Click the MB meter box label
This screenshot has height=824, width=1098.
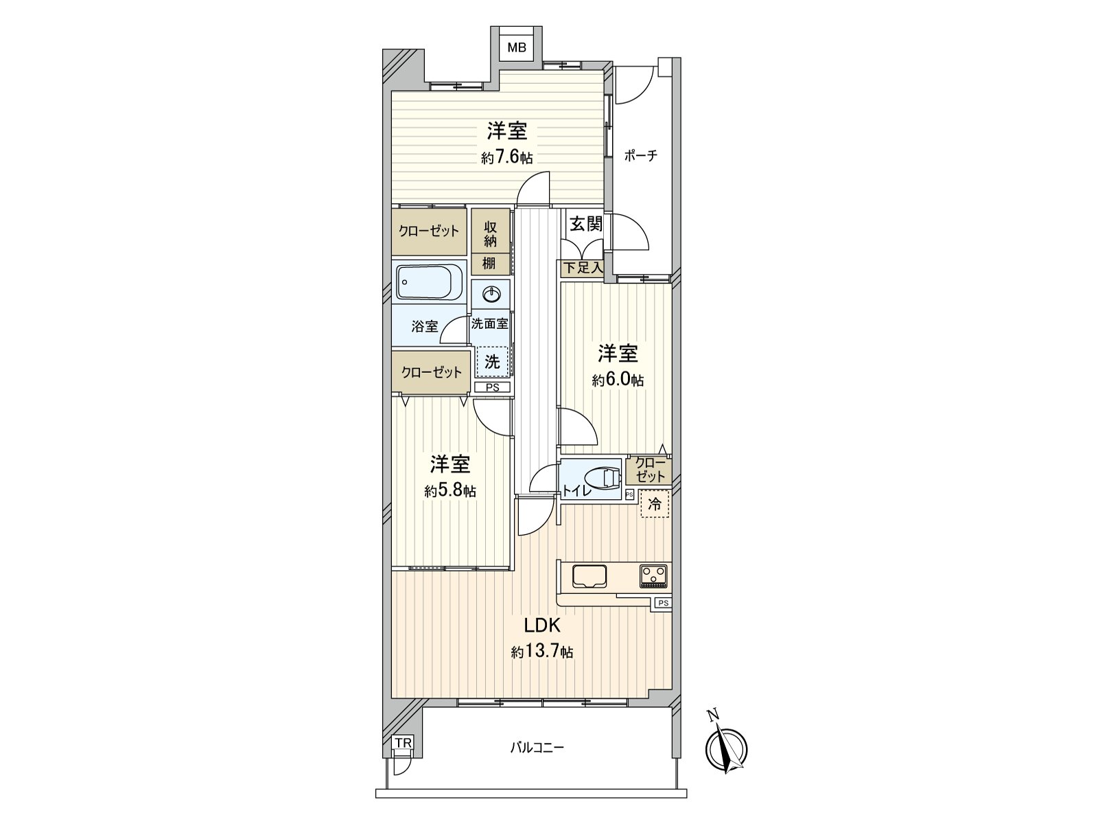coord(517,47)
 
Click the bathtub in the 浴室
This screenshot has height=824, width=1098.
coord(429,282)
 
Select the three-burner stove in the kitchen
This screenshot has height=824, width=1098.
coord(653,576)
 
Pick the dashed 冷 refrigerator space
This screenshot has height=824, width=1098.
coord(655,504)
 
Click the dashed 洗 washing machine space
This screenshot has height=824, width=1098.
coord(492,362)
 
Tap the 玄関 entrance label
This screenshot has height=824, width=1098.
coord(586,225)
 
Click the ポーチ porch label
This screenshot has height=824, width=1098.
coord(641,156)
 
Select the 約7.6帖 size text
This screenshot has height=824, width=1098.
coord(506,159)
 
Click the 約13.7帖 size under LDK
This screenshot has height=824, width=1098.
coord(542,652)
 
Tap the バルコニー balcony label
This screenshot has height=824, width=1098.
coord(537,762)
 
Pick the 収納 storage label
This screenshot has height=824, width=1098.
coord(490,234)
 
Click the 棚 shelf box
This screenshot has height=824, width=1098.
coord(491,264)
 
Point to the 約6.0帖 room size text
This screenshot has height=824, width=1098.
coord(618,380)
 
